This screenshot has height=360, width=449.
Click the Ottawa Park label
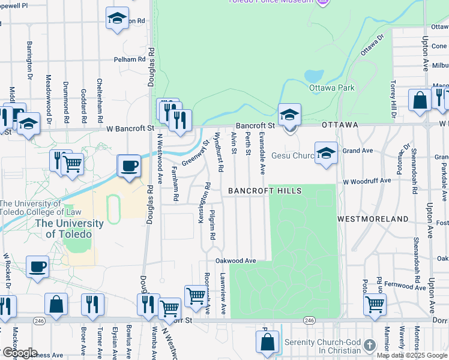(331, 88)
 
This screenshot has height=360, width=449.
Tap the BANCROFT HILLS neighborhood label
(264, 191)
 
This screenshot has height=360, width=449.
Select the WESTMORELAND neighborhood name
(373, 219)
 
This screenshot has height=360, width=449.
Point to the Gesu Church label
(292, 156)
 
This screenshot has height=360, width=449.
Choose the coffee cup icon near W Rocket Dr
(37, 267)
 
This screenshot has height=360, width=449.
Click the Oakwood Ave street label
(236, 261)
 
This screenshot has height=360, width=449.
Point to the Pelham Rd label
(130, 59)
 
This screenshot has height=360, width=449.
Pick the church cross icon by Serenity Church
(370, 346)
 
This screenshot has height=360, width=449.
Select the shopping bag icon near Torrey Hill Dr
(419, 100)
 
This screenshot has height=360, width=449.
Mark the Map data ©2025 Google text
(412, 355)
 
